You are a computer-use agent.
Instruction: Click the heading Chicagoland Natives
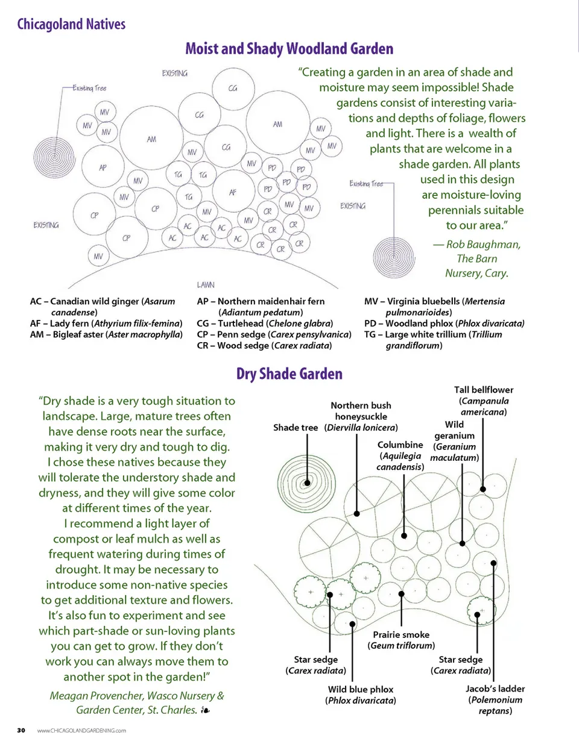tap(71, 24)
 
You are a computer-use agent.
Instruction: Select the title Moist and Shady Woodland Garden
tap(289, 49)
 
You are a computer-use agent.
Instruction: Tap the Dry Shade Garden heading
tap(289, 374)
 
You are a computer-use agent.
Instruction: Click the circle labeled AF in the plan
tap(233, 192)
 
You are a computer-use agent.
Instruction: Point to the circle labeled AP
tap(103, 167)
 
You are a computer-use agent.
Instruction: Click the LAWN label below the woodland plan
tap(206, 284)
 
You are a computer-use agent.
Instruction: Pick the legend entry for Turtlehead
tap(265, 323)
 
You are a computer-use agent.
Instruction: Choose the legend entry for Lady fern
tap(106, 323)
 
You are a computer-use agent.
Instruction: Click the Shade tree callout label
tap(296, 428)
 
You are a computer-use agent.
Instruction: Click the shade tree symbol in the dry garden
tap(307, 483)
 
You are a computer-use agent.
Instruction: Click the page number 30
tap(21, 730)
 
